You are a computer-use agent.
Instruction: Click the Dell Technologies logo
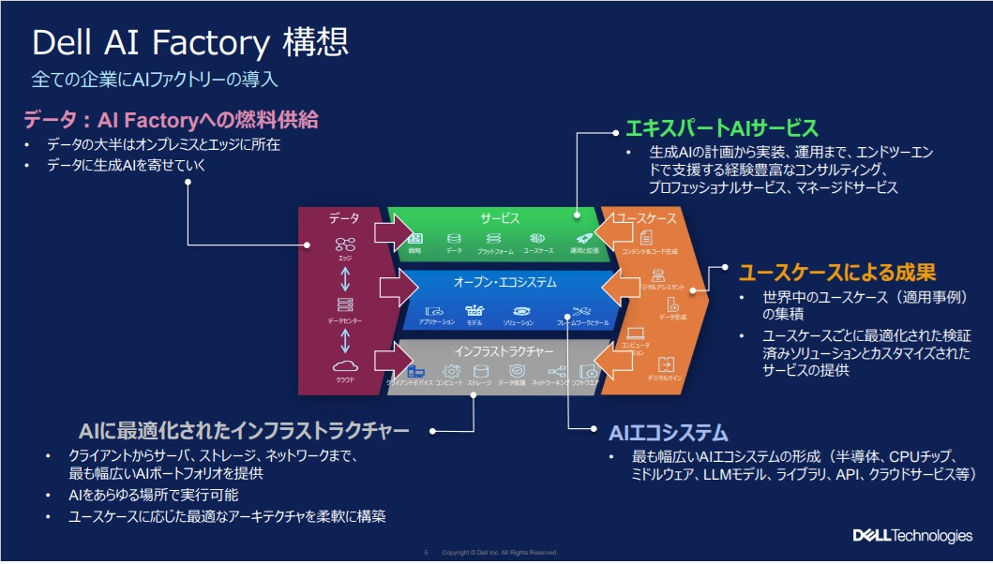[x=911, y=536]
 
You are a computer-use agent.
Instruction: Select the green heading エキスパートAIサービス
[x=721, y=128]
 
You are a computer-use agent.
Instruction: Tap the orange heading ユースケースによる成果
[x=836, y=273]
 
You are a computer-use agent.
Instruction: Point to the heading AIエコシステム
[x=668, y=432]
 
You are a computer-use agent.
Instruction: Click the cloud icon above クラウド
[x=344, y=366]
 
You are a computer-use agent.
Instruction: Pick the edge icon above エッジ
[x=344, y=245]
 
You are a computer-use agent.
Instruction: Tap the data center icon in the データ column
[x=344, y=305]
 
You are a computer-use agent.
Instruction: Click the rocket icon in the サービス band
[x=582, y=239]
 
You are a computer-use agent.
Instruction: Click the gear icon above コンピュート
[x=449, y=372]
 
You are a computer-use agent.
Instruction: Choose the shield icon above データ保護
[x=512, y=372]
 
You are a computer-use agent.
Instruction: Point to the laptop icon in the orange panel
[x=635, y=333]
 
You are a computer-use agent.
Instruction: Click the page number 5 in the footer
[x=426, y=552]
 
